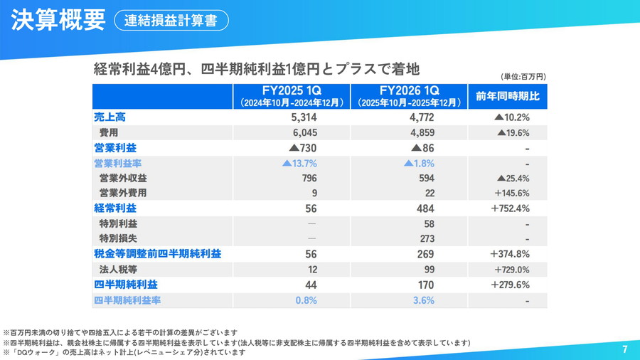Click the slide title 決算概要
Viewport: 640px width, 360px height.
coord(58,20)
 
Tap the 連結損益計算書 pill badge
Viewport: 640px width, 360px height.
coord(171,21)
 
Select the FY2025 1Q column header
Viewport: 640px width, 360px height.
coord(292,96)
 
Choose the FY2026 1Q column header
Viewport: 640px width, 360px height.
coord(409,96)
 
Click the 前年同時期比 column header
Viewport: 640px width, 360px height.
coord(508,96)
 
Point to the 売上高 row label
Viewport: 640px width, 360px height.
coord(110,117)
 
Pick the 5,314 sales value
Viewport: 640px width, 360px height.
coord(304,117)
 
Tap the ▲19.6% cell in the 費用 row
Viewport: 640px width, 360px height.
coord(513,132)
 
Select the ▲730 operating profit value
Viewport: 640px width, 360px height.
coord(302,148)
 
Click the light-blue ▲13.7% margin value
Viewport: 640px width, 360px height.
coord(299,163)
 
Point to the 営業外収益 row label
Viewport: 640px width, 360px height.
coord(124,178)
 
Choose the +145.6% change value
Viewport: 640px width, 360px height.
coord(510,193)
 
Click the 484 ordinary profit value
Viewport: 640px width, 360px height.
coord(425,208)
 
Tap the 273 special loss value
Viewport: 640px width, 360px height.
coord(426,238)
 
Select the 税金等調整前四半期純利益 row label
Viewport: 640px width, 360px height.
coord(157,254)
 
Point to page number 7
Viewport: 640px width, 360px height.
coord(624,349)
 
